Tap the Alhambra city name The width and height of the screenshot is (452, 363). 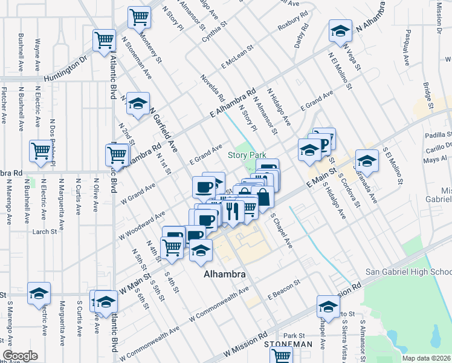pos(225,274)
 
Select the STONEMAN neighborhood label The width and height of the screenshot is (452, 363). pos(289,344)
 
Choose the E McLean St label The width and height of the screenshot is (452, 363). pos(240,59)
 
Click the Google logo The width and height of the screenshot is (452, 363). pos(21,356)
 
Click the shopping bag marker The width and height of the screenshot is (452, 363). pos(263,197)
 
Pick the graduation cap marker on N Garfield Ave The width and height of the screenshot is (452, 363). pos(138,104)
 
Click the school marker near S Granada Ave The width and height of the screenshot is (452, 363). pos(366,161)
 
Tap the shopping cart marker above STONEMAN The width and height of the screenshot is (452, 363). pos(281,355)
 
